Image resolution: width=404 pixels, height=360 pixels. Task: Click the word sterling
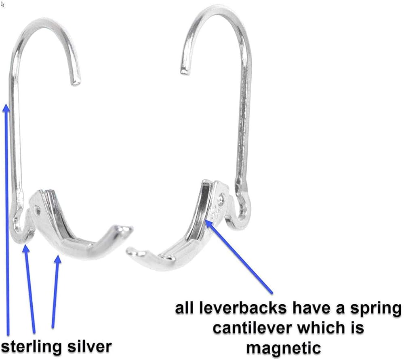click(x=32, y=347)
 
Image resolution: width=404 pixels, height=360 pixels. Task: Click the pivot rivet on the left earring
click(x=38, y=209)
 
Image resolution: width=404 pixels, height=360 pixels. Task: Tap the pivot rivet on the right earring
click(x=221, y=198)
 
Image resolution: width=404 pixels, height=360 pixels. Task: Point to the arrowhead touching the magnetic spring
click(x=208, y=222)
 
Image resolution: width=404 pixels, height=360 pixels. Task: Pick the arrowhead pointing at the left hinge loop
click(x=26, y=247)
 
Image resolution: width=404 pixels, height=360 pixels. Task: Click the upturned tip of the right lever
click(x=130, y=252)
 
